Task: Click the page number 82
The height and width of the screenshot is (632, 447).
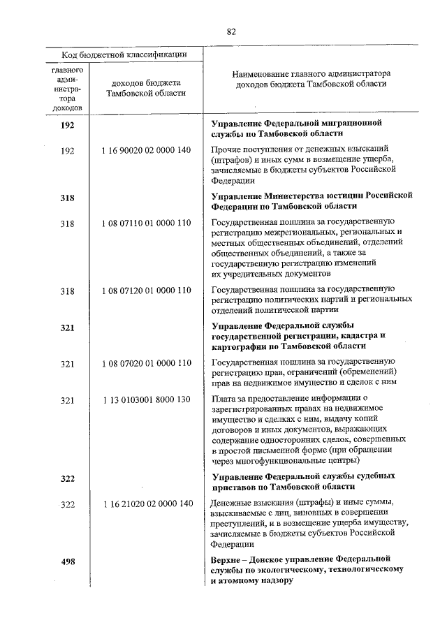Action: point(231,31)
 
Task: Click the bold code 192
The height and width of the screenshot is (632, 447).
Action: point(67,126)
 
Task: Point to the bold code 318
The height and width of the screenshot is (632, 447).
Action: point(67,198)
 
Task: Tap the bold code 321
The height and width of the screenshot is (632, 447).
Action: point(67,328)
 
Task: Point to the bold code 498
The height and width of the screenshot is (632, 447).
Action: point(67,563)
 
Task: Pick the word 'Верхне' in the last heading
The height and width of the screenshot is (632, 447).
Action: point(226,559)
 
